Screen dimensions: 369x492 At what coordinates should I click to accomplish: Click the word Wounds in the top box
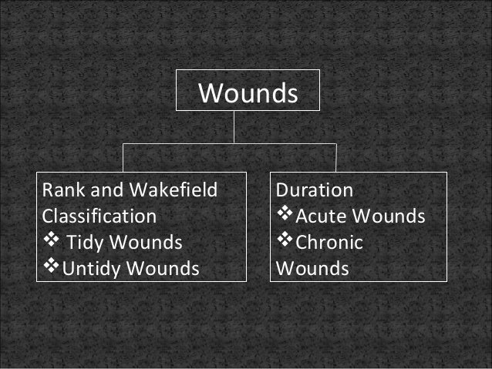[x=248, y=94]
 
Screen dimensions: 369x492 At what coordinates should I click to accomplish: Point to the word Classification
[x=99, y=216]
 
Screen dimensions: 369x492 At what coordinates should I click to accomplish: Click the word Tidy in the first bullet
[x=86, y=243]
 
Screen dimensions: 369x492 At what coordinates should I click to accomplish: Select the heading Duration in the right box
[x=315, y=190]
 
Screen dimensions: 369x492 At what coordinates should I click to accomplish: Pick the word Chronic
[x=329, y=243]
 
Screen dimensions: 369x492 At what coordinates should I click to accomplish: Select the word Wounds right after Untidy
[x=163, y=269]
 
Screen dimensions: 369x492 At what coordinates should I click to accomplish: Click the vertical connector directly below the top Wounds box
[x=234, y=127]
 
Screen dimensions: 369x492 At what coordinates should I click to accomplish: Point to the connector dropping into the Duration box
[x=336, y=158]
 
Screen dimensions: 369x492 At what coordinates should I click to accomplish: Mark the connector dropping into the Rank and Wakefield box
[x=123, y=158]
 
